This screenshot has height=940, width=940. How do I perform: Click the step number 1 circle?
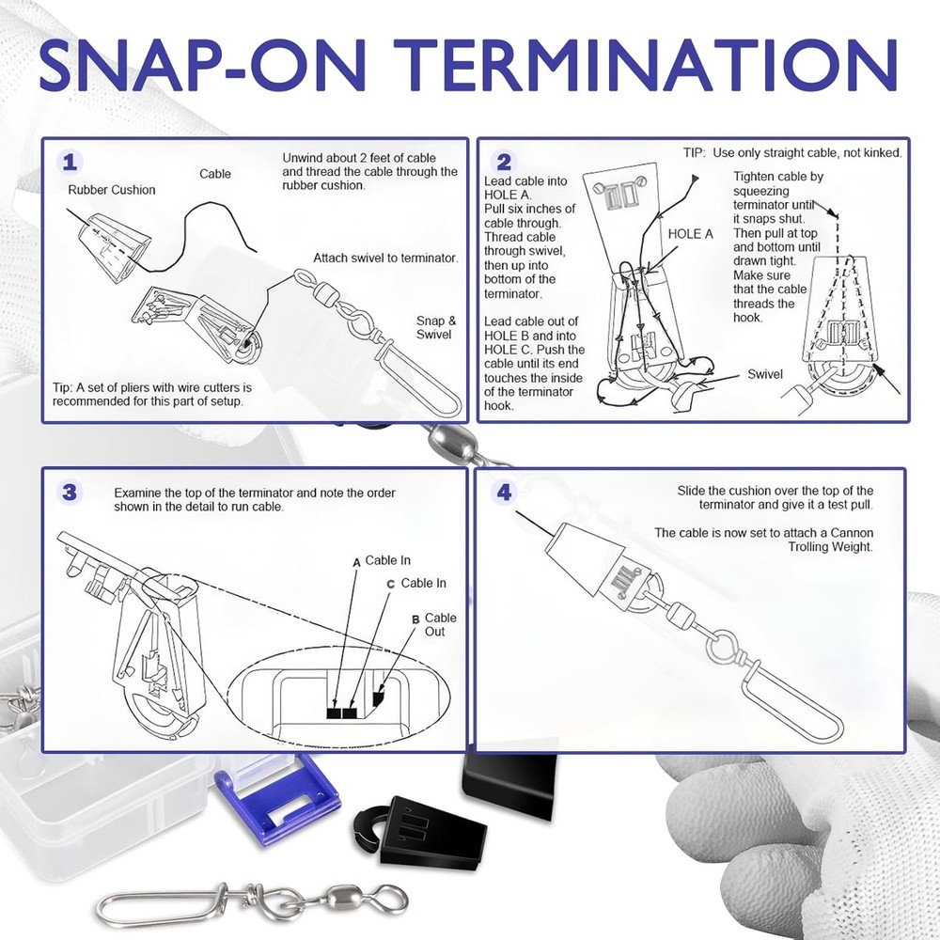coord(70,163)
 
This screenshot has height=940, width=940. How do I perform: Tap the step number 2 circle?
coord(505,163)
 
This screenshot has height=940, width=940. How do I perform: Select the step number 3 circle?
coord(70,493)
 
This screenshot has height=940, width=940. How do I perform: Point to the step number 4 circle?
coord(505,493)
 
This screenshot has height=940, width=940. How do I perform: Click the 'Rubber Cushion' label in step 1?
coord(112,190)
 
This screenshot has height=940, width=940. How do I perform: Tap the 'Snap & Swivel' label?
coord(436,327)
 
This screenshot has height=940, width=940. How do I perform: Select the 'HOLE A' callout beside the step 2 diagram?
coord(691,233)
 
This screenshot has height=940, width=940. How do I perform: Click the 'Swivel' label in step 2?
coord(765,374)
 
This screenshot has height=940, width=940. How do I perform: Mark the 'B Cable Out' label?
coord(435,624)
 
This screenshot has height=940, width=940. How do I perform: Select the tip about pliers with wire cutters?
coord(151,394)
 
